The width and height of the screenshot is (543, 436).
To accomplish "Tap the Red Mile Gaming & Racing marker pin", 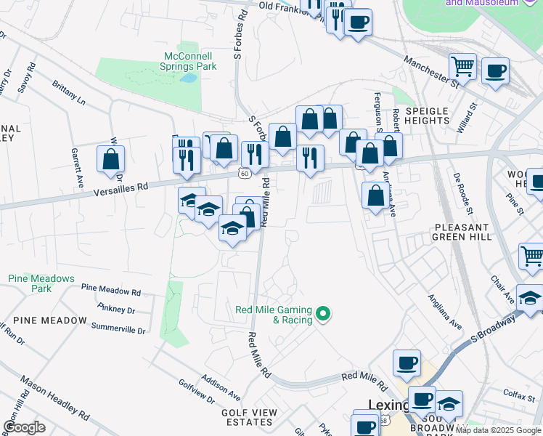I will coord(324,315).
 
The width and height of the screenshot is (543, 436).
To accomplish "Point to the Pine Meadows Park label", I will coord(41,283).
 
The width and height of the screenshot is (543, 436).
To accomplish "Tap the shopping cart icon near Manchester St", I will coord(462,67).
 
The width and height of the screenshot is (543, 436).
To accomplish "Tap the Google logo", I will coord(24,427).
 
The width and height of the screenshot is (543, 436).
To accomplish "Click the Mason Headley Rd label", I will coord(54,399).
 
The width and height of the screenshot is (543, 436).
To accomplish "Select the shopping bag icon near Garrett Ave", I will coord(110,159).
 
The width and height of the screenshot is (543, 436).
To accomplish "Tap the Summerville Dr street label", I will coord(118,329).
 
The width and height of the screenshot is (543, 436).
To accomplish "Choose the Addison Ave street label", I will coord(221,388).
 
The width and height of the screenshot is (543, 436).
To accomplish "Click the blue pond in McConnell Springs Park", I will coord(188,78).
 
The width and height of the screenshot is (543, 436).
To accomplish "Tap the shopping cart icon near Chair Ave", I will coord(532,257).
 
